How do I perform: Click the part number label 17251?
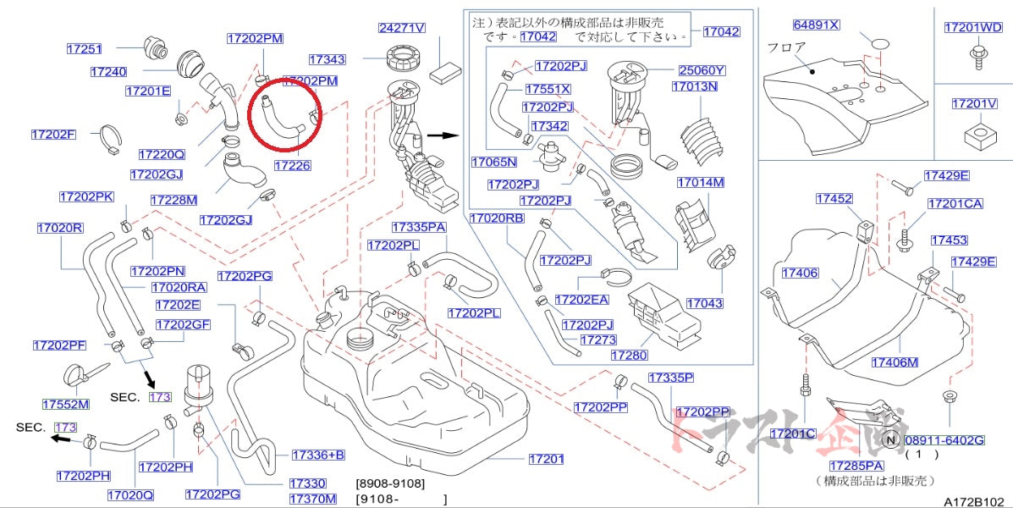85,49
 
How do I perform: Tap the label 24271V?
401,28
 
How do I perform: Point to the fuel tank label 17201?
546,459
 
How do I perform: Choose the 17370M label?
312,499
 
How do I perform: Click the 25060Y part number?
702,70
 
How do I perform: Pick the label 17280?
628,356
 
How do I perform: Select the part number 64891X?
816,25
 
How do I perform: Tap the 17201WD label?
973,27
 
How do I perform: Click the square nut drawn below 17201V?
974,135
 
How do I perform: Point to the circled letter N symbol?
890,439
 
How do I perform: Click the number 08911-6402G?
944,439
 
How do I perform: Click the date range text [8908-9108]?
390,483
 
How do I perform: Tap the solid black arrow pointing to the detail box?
441,135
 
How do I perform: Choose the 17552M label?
66,405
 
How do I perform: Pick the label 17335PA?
419,227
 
